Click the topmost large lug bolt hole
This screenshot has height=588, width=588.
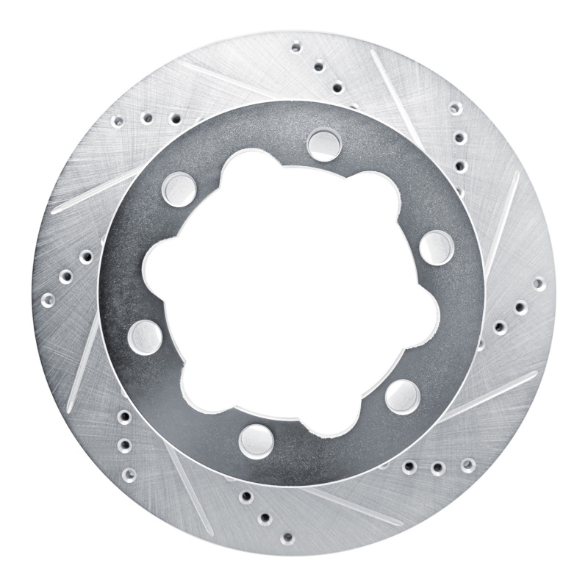(x=323, y=143)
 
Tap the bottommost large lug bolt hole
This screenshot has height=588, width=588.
(x=254, y=439)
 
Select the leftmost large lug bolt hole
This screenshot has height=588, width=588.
(x=144, y=337)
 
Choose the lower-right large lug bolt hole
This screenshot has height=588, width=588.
(x=402, y=395)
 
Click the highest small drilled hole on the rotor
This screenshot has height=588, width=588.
(x=295, y=47)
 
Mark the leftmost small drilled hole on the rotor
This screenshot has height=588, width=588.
(x=49, y=300)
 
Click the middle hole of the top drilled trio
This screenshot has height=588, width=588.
(x=318, y=68)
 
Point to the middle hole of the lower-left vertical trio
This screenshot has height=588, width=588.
(x=123, y=444)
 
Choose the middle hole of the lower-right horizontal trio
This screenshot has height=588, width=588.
(x=437, y=467)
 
